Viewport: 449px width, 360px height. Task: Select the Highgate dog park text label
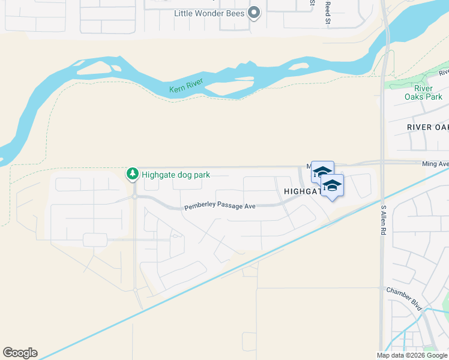175,175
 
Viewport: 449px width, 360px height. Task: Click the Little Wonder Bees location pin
254,13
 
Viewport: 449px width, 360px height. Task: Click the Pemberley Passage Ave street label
220,206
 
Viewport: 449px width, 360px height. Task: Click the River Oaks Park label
424,92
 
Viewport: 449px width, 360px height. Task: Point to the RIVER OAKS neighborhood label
427,127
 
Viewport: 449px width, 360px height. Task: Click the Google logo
20,353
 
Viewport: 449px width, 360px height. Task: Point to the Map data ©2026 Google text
411,355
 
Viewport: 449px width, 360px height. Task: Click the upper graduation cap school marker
322,172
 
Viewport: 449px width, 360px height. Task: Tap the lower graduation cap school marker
332,187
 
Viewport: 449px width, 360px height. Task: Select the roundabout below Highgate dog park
135,196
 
